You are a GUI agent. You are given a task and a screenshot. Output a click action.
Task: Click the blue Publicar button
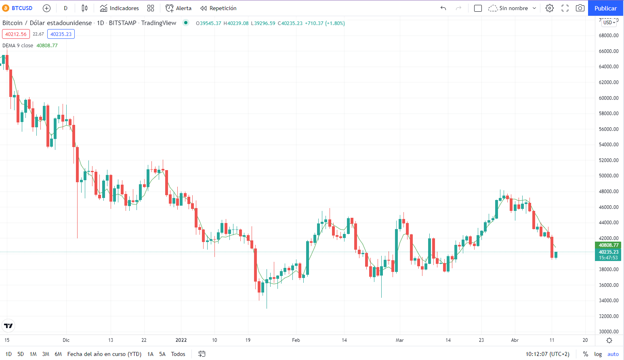coord(605,8)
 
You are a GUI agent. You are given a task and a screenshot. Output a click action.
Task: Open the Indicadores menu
coord(120,8)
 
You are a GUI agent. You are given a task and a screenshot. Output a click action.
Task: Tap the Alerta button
coord(179,8)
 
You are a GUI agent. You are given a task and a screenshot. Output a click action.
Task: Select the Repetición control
coord(219,8)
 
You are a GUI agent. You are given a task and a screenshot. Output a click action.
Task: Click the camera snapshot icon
coord(580,8)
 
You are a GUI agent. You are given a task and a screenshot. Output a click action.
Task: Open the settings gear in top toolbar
coord(549,8)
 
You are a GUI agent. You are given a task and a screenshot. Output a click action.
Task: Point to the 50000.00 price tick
coord(608,176)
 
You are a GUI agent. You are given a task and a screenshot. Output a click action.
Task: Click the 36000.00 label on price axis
coord(608,285)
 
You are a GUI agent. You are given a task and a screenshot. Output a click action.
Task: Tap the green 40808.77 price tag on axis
coord(608,245)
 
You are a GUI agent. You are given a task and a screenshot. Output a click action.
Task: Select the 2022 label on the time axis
coord(181,340)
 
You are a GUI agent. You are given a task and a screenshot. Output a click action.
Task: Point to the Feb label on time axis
coord(296,340)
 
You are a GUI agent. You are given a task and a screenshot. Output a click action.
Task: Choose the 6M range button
coord(58,354)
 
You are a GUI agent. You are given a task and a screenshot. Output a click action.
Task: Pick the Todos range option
coord(178,354)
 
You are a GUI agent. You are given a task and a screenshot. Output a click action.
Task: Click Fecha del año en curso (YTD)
coord(104,354)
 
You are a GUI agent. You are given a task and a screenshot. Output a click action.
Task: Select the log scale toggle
coord(598,354)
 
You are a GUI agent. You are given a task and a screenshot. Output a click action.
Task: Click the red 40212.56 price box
coord(16,34)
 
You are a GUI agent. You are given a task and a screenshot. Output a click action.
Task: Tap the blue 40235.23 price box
coord(61,34)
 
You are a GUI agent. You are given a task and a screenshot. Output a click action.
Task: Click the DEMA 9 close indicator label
coord(18,46)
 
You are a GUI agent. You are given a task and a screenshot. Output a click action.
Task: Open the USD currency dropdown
coord(609,23)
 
